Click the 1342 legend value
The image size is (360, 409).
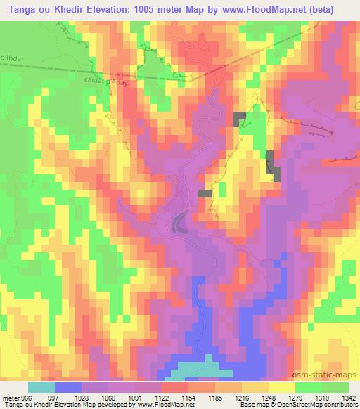pyautogui.click(x=339, y=397)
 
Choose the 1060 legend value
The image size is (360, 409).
pyautogui.click(x=101, y=397)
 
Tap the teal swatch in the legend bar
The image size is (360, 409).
pyautogui.click(x=41, y=387)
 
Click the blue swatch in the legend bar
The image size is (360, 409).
pyautogui.click(x=68, y=387)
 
